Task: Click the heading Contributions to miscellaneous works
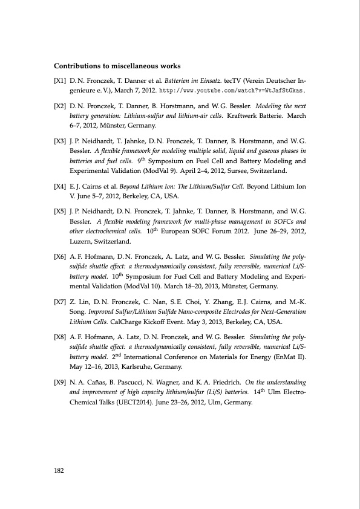pos(119,65)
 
